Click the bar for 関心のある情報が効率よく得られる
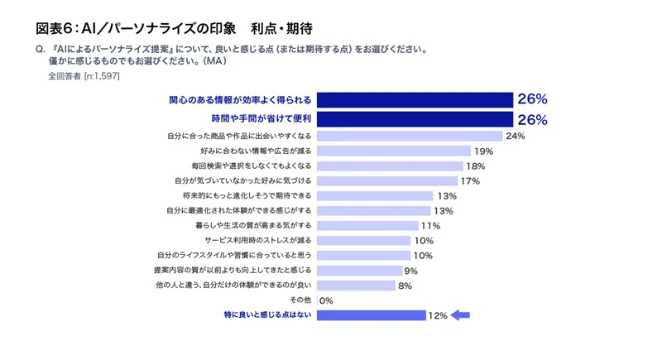(415, 99)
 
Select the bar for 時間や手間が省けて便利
(415, 119)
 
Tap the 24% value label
(516, 136)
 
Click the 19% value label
(483, 151)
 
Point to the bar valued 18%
(390, 166)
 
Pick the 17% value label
(470, 181)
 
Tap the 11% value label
(430, 226)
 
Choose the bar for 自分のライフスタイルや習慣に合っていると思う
(364, 256)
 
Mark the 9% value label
(410, 271)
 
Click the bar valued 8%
(356, 286)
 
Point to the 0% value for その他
(326, 300)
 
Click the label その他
(300, 300)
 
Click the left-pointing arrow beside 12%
(461, 315)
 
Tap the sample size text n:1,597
(103, 75)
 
